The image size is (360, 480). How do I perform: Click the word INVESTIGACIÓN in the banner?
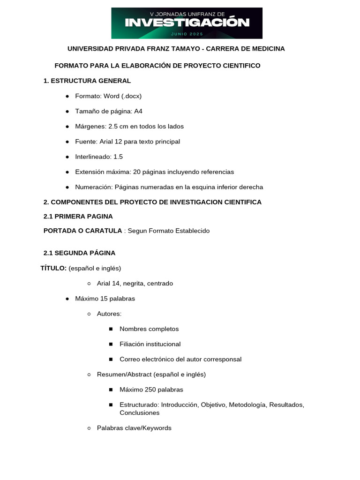[187, 22]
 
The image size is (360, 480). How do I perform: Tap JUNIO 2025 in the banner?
[187, 34]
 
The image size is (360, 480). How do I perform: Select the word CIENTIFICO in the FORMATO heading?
[240, 66]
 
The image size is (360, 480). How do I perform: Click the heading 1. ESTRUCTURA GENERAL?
[87, 81]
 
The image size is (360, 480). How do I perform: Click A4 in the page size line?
[138, 111]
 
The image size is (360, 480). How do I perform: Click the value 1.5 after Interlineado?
[118, 157]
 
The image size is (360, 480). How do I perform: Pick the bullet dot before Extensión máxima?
[67, 172]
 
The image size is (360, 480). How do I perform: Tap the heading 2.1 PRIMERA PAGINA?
[78, 217]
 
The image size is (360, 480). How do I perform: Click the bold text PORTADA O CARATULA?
[82, 231]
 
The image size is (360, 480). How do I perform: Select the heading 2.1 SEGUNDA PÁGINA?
[79, 253]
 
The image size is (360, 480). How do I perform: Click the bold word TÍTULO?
[53, 268]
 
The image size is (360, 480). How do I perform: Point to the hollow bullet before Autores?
[89, 314]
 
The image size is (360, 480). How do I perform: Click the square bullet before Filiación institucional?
[111, 344]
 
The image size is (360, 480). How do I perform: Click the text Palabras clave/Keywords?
[134, 428]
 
